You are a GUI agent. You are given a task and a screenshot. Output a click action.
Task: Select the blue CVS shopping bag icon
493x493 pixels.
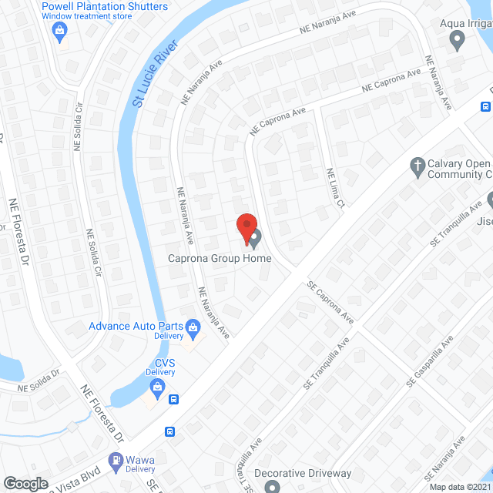(157, 387)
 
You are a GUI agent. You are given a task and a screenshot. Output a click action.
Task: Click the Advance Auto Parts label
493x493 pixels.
(136, 327)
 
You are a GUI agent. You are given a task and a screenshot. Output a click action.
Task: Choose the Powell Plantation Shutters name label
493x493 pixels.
(105, 7)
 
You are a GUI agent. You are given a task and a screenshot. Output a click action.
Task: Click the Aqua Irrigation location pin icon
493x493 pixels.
(458, 40)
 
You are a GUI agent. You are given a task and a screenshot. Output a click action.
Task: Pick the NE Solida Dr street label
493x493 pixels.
(44, 386)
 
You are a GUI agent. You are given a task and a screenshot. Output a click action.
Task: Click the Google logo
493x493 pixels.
(25, 483)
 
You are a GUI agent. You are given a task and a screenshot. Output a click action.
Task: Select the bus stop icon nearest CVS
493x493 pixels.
(176, 400)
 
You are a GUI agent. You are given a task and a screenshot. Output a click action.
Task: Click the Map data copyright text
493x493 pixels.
(460, 487)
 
